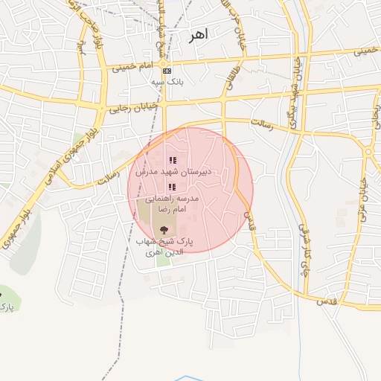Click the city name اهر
(x=199, y=35)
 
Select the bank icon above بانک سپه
(x=166, y=71)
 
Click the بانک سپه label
(x=167, y=81)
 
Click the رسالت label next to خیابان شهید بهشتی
(x=262, y=123)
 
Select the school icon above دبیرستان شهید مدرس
(x=173, y=160)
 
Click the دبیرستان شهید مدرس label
(x=173, y=171)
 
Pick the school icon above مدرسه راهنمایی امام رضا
(x=173, y=187)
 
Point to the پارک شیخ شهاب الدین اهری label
(x=164, y=247)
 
